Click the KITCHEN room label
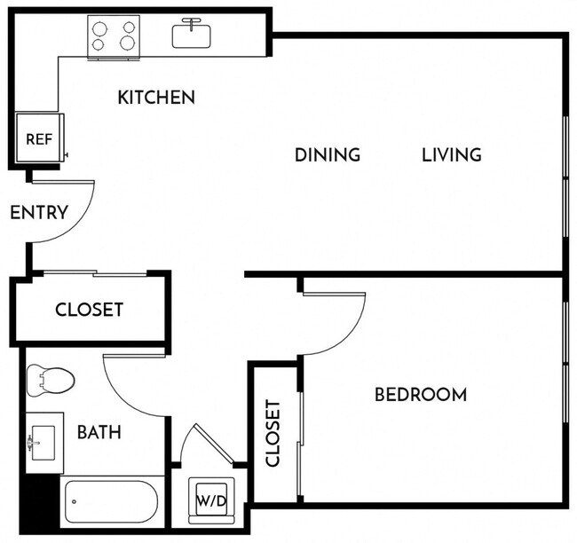156,97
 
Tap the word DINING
328,154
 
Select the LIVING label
451,154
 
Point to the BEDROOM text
420,394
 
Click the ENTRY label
38,212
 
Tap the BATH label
99,433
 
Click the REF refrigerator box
38,139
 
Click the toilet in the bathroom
49,381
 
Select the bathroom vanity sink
43,439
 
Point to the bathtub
112,501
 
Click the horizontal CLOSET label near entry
89,310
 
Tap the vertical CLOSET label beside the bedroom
273,433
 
